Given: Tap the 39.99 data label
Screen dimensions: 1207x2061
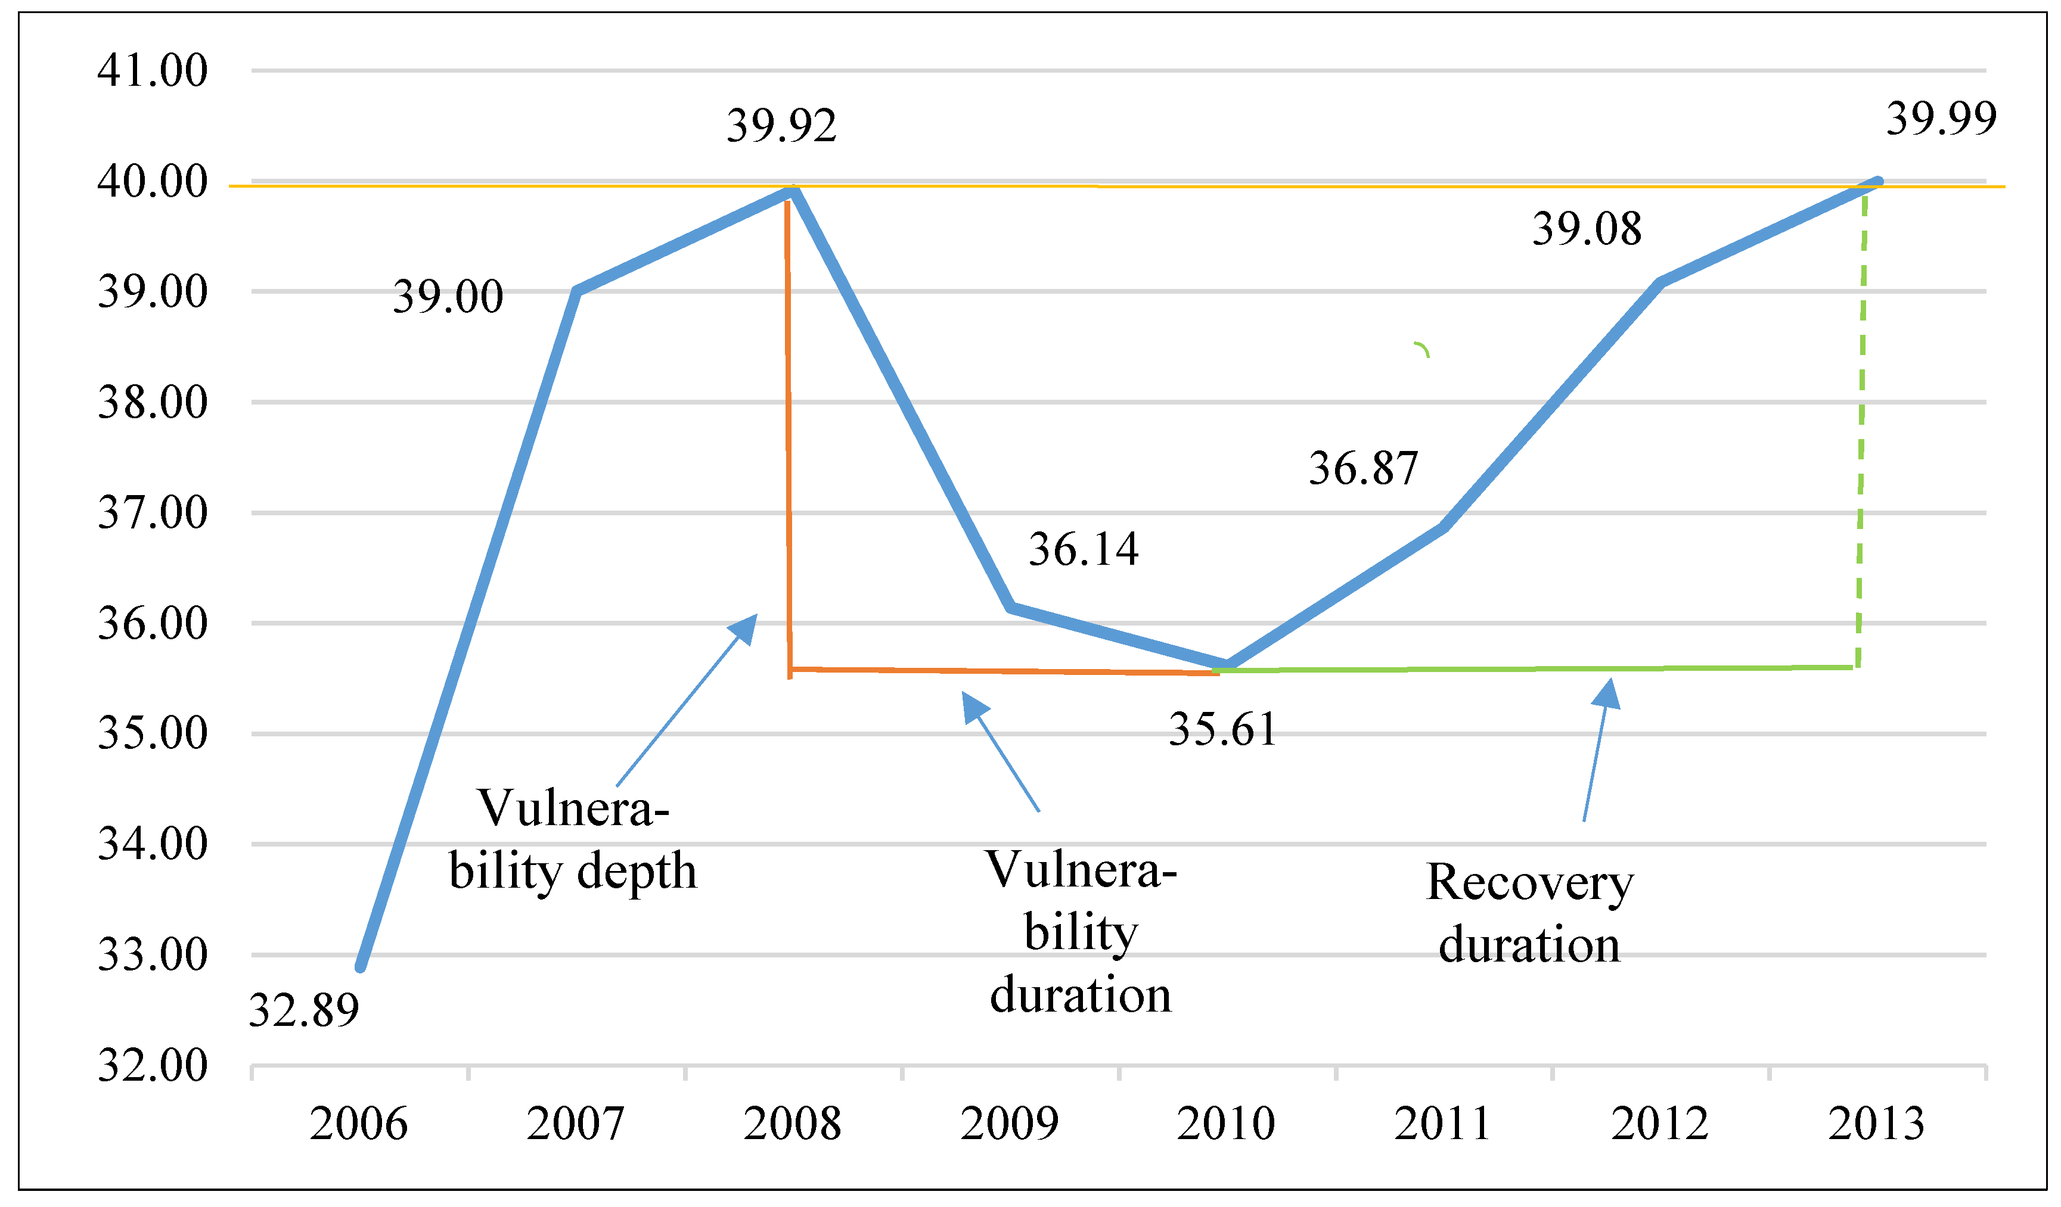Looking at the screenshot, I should tap(1941, 118).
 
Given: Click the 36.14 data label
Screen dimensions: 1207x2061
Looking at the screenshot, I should tap(1083, 549).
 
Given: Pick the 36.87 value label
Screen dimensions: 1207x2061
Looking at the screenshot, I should tap(1362, 469).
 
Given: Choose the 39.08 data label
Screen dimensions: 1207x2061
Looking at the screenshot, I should tap(1586, 228).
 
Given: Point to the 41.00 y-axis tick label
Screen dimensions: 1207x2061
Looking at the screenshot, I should tap(152, 70).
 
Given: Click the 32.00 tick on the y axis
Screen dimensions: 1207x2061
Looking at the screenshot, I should tap(152, 1065).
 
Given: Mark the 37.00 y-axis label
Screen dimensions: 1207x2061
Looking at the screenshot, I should tap(152, 513).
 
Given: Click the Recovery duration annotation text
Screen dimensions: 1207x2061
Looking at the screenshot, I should tap(1529, 913).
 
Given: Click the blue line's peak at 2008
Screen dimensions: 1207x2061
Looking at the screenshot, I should tap(792, 191).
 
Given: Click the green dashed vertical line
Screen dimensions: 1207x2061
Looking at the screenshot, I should tap(1861, 425).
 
